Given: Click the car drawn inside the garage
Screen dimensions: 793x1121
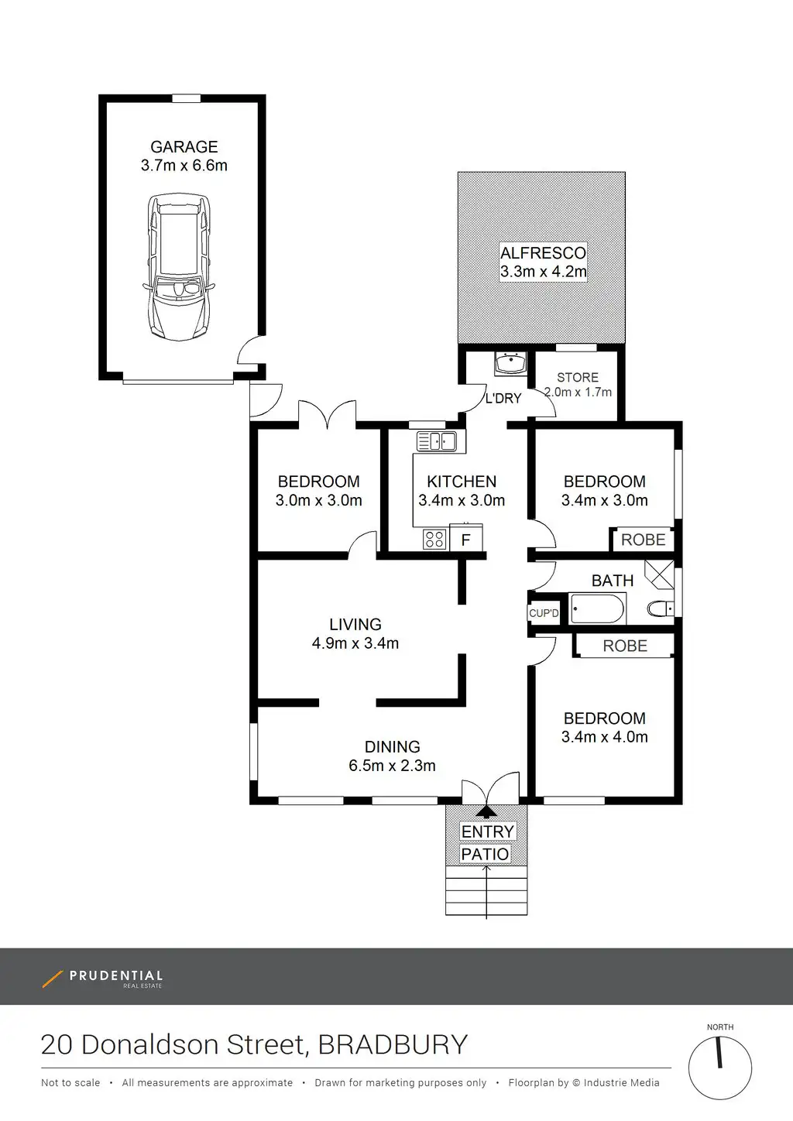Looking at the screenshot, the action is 179,267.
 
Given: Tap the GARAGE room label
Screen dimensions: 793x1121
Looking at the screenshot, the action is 184,146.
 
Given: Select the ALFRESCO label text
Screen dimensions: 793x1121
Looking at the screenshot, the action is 543,252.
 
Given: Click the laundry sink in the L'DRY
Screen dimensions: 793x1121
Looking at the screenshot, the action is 510,363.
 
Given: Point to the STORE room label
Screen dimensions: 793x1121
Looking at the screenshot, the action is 578,377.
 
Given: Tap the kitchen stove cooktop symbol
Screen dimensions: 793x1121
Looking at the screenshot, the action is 434,539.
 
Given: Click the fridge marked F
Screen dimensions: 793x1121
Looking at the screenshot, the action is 466,537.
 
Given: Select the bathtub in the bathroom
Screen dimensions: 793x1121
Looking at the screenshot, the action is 597,608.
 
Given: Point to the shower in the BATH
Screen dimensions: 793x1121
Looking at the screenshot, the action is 659,574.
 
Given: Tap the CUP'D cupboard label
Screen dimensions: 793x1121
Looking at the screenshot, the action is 544,613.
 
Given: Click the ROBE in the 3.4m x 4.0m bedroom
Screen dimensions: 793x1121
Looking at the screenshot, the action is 625,646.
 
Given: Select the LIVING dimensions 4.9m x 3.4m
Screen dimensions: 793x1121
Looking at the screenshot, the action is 355,643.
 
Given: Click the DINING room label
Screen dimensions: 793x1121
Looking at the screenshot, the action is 393,746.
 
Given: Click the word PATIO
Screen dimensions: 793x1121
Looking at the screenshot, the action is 485,854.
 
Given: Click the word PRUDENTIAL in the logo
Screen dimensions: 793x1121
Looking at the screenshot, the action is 116,975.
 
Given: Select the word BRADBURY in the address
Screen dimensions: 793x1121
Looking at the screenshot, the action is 393,1044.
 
